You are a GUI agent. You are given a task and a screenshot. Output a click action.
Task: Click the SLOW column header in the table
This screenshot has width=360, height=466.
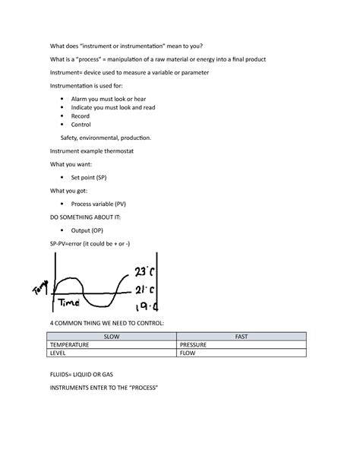tap(112, 336)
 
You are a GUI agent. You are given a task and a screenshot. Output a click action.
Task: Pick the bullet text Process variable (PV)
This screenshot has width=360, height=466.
tap(98, 204)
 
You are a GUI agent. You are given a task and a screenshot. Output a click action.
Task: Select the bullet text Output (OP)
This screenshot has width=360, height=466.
tap(87, 230)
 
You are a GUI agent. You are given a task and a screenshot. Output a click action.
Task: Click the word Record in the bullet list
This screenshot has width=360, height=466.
tap(81, 116)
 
